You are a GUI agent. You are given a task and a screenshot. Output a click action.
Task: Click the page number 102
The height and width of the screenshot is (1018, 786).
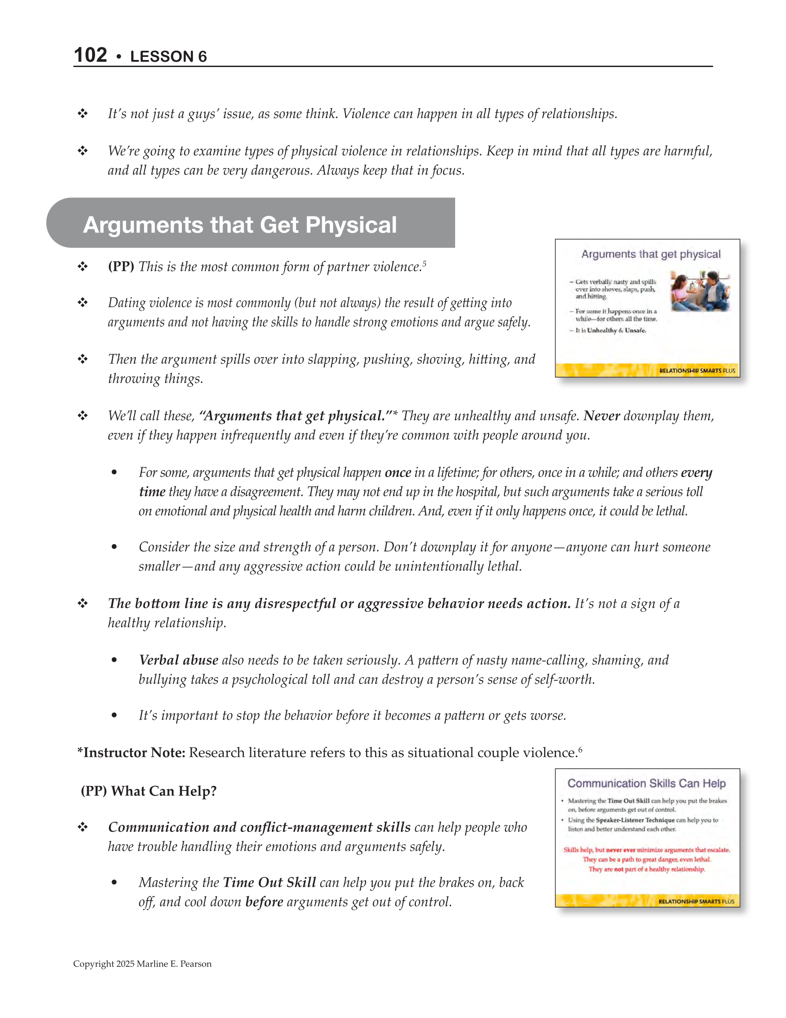tap(90, 55)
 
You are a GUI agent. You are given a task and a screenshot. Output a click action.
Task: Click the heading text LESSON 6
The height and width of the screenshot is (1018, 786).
tap(168, 56)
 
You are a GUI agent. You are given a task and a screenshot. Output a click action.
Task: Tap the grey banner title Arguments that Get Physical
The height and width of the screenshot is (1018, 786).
tap(240, 225)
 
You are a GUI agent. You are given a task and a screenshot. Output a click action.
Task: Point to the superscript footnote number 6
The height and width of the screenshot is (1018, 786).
tap(580, 749)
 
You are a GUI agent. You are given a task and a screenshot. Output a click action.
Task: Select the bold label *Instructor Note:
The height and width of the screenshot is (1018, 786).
tap(131, 753)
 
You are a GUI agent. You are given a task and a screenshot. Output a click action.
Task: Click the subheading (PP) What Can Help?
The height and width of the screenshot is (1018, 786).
tap(148, 791)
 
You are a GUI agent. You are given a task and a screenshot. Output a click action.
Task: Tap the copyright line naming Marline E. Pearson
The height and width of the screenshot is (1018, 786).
tap(142, 964)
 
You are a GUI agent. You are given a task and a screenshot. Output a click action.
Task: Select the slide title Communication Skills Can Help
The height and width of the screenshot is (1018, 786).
tap(646, 783)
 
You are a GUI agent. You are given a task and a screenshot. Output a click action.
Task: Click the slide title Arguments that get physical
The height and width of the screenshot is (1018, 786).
tap(650, 254)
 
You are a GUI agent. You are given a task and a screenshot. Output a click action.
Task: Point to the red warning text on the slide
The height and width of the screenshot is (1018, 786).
tap(646, 860)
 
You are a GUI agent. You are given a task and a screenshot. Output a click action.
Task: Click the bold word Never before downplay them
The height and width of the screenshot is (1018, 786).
tap(601, 416)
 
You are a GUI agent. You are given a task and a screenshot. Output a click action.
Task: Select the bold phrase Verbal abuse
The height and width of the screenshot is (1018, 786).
tap(178, 660)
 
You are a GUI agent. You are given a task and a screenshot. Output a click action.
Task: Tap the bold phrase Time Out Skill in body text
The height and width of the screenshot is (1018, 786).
tap(269, 882)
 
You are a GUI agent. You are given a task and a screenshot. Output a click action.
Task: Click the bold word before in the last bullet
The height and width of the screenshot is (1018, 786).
tap(264, 902)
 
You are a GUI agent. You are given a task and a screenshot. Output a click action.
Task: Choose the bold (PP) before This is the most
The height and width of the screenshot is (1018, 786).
tap(121, 267)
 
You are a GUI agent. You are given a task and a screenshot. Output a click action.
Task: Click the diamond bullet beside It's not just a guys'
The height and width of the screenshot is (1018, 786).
tap(82, 113)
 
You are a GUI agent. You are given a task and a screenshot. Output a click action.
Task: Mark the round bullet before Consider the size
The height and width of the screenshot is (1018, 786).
tap(114, 547)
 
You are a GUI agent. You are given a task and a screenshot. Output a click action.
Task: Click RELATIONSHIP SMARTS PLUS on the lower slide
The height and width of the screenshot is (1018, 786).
tap(696, 902)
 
